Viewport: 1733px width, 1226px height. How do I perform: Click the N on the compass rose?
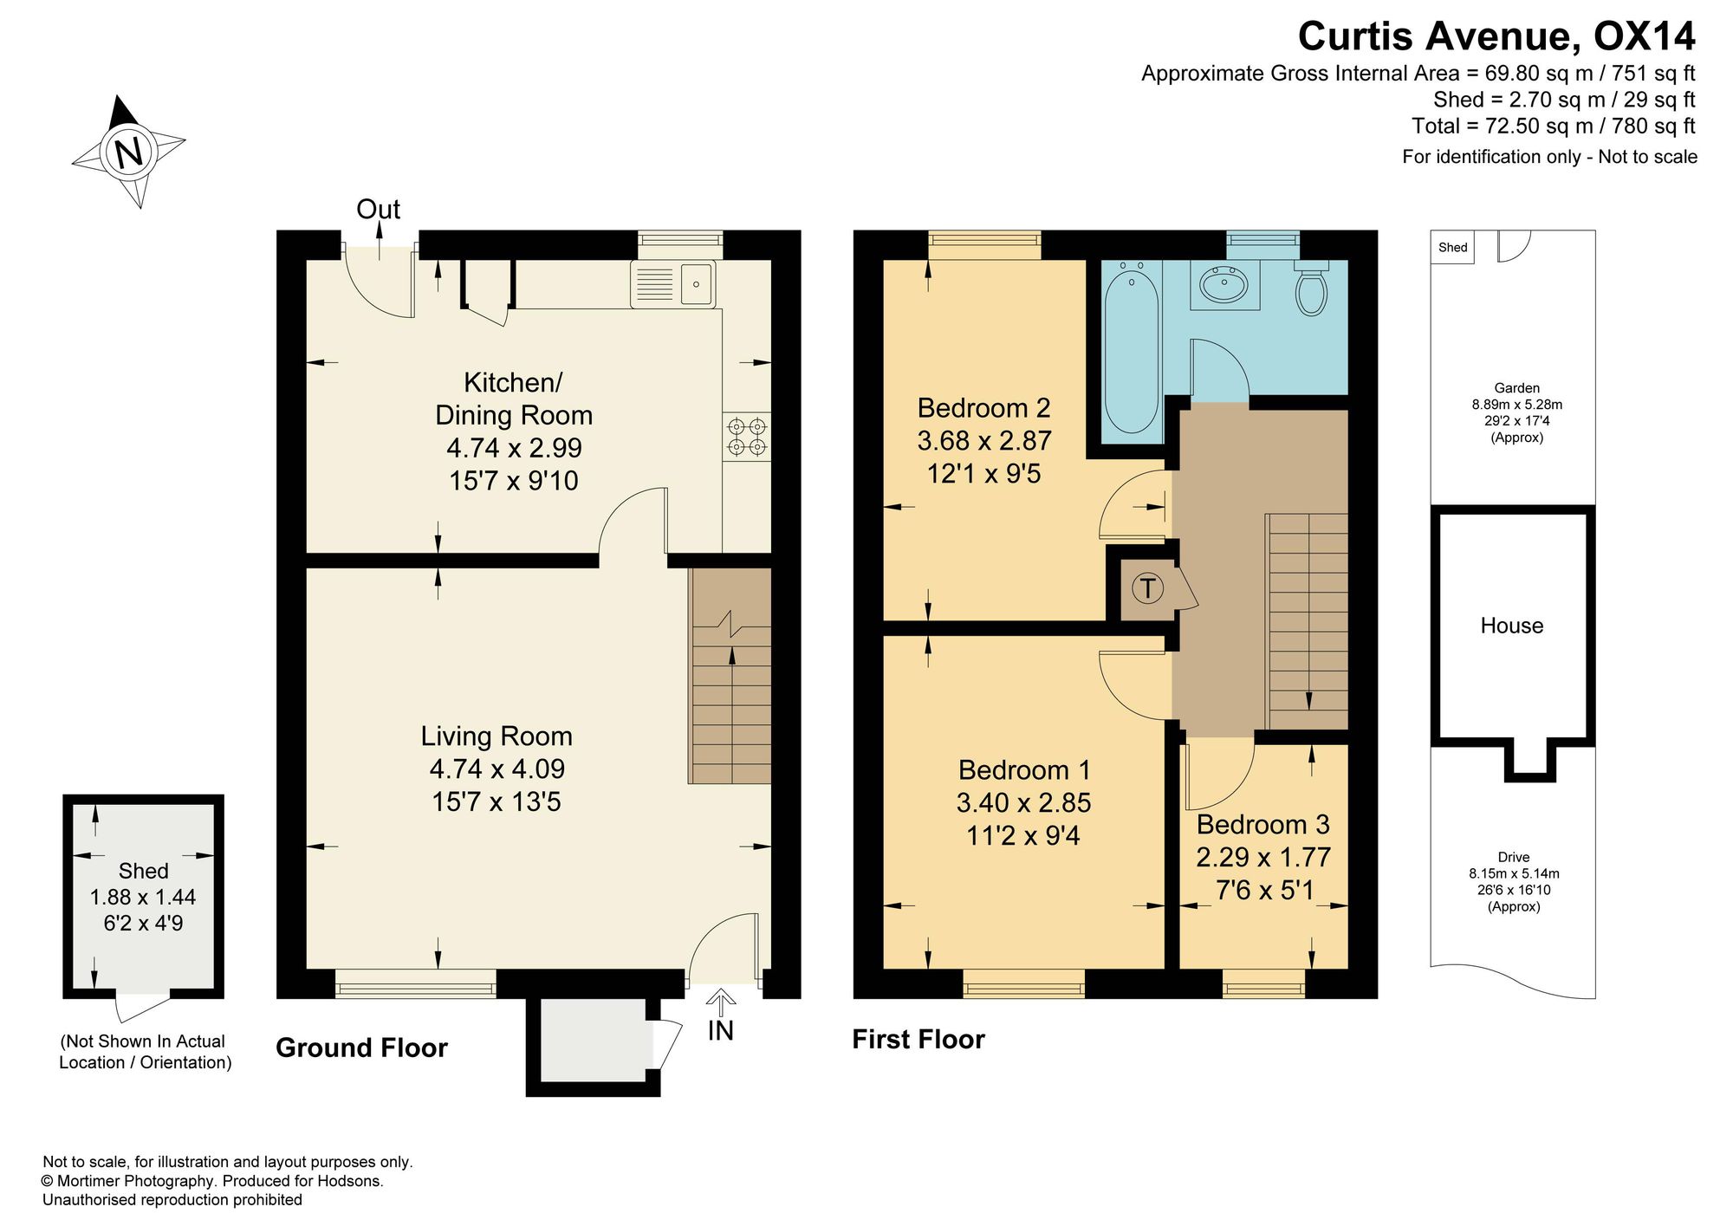[x=128, y=152]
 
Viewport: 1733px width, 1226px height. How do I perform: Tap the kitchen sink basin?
[x=697, y=284]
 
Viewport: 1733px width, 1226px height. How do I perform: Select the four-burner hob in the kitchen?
[x=747, y=436]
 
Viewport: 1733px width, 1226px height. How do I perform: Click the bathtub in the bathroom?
[x=1131, y=352]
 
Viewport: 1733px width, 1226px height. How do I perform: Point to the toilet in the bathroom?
[x=1311, y=288]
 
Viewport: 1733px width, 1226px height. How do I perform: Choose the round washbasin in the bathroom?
[x=1223, y=283]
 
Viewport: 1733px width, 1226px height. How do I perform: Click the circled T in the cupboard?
[x=1147, y=589]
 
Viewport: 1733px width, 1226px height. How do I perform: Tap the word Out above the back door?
[x=379, y=210]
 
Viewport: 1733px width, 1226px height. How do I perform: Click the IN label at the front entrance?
[x=720, y=1030]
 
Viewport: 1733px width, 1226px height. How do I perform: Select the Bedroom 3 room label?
[x=1262, y=824]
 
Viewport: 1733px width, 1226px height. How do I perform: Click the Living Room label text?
[x=497, y=736]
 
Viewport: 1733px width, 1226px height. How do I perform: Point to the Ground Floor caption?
[x=361, y=1048]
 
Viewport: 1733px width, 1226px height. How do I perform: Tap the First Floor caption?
[x=918, y=1040]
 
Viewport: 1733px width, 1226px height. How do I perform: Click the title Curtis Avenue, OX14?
[x=1496, y=36]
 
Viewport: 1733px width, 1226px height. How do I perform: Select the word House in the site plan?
[x=1512, y=626]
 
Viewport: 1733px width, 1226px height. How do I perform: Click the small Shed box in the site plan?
[x=1452, y=247]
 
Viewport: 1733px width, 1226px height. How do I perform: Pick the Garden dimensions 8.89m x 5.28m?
[x=1517, y=405]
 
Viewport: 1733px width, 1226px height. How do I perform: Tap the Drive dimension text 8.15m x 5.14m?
[x=1514, y=874]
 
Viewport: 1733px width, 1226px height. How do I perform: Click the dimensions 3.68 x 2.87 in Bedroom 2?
[x=984, y=441]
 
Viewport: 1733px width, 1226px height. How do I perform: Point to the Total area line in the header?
[x=1554, y=126]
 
